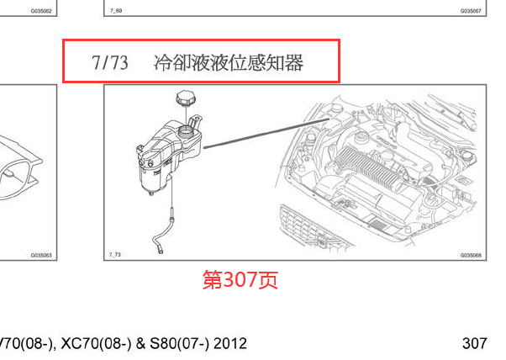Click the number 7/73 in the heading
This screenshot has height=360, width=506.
click(110, 62)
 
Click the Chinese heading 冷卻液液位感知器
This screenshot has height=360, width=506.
click(229, 62)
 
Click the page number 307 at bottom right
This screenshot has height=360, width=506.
click(475, 343)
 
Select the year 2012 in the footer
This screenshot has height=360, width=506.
click(229, 343)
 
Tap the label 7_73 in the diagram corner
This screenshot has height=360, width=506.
click(115, 254)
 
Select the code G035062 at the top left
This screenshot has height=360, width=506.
click(41, 11)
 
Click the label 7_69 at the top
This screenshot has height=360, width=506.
click(115, 11)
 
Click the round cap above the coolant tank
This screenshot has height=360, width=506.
click(186, 99)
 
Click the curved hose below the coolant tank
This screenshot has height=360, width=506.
click(161, 236)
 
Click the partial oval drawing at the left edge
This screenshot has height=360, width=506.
click(21, 172)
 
